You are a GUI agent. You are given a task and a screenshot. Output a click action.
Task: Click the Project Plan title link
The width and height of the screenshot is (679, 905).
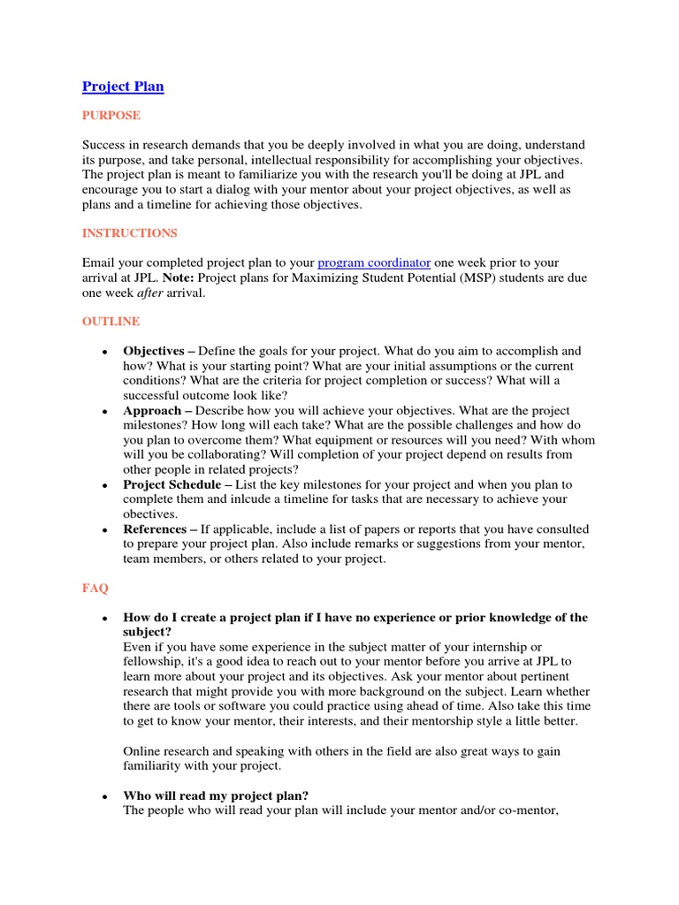click(123, 87)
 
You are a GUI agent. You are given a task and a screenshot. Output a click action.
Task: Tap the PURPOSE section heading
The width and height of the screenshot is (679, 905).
click(111, 116)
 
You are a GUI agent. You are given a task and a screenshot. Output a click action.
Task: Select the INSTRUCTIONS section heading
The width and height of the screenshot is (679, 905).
click(129, 233)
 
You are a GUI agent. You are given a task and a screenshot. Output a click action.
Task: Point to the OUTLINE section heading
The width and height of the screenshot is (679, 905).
click(111, 322)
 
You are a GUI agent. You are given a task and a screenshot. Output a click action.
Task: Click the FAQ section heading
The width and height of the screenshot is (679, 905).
click(95, 587)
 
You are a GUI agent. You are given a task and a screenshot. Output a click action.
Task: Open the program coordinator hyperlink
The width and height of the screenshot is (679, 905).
click(374, 262)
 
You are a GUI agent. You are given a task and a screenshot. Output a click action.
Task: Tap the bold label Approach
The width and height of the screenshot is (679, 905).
click(151, 411)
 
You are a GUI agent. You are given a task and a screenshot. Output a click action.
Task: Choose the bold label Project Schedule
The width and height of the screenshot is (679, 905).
click(172, 484)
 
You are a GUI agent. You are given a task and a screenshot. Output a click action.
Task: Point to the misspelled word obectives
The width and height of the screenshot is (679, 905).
click(150, 513)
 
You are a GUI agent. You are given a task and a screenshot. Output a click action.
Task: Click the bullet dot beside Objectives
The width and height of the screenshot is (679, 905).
click(104, 352)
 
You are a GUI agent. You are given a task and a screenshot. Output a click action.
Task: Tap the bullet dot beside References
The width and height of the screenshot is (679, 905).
click(104, 530)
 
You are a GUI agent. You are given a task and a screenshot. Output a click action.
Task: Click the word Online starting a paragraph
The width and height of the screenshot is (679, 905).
click(142, 750)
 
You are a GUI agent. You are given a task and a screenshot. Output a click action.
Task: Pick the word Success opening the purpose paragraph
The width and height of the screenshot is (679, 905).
click(105, 145)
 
